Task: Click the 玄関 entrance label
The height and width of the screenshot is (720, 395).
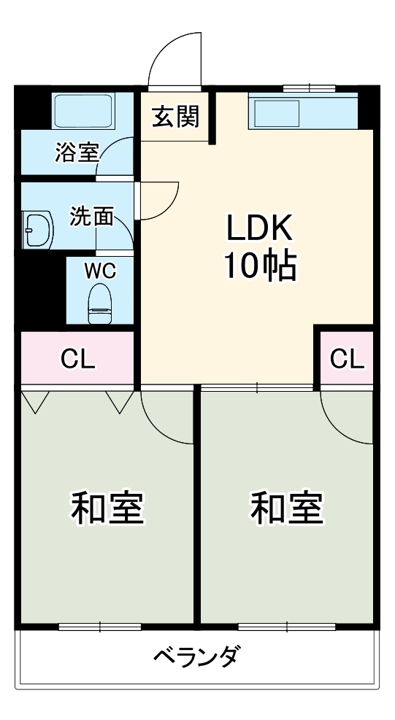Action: tap(175, 117)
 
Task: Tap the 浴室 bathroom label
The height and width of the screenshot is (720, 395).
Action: tap(77, 152)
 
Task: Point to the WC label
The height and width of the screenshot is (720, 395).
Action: tap(99, 271)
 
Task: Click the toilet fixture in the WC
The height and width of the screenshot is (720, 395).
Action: tap(99, 303)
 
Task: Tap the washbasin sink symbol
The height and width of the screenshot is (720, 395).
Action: tap(37, 230)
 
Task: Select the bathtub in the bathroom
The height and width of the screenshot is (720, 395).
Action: tap(83, 112)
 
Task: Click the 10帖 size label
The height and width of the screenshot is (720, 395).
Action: tap(258, 268)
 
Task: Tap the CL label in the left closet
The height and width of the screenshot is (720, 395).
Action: tap(78, 358)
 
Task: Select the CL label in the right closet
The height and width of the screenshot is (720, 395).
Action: tap(347, 358)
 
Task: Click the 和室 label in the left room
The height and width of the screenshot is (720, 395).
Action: tap(107, 508)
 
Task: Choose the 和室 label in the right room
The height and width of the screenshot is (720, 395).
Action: tap(287, 508)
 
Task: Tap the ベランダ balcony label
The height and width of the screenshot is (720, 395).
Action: tap(196, 657)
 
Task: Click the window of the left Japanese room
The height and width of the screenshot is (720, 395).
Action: tap(99, 626)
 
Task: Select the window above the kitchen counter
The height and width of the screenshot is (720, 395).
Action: tap(309, 88)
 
